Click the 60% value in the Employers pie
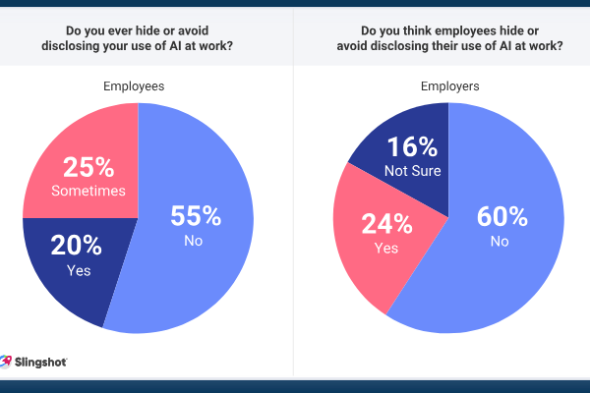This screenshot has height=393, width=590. point(503,216)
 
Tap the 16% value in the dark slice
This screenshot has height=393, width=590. point(412,148)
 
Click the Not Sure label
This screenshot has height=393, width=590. point(412,171)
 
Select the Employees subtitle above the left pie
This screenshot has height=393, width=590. point(134,86)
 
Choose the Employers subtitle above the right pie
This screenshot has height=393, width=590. point(448,86)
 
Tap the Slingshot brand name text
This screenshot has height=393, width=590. point(40,363)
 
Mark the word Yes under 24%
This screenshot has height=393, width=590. point(386,249)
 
